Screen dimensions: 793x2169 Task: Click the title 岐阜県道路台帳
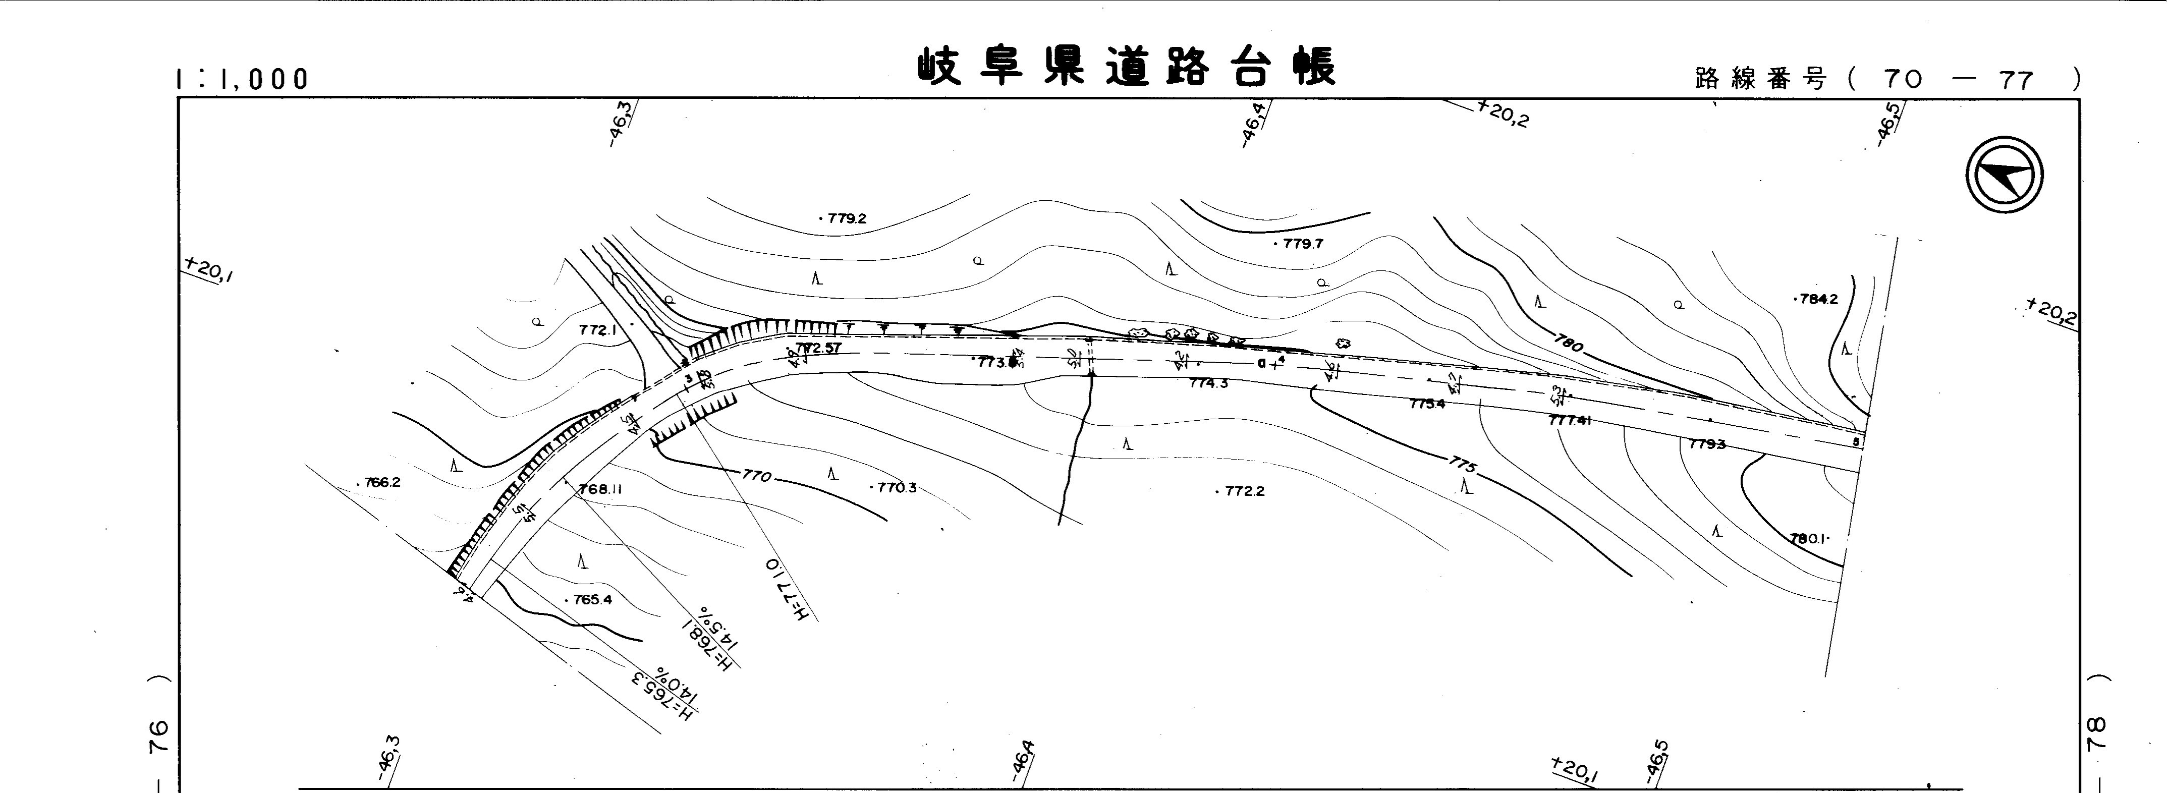tap(1127, 68)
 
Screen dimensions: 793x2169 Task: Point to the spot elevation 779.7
tap(1301, 244)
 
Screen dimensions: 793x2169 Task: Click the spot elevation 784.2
tap(1817, 299)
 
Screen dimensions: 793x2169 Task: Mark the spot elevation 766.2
tap(381, 482)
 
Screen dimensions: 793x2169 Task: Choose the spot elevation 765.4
tap(591, 600)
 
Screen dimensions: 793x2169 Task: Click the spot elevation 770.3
tap(895, 487)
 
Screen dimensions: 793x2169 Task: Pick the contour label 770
tap(756, 477)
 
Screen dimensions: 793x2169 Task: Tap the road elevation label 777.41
tap(1570, 420)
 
